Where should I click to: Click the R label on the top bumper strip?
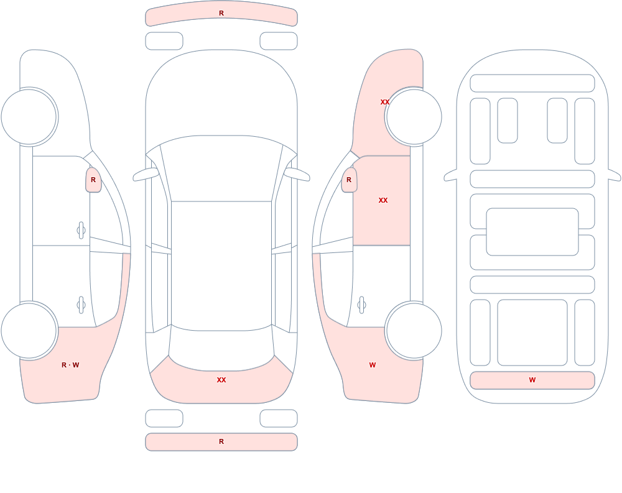pyautogui.click(x=221, y=13)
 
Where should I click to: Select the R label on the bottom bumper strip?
pyautogui.click(x=221, y=441)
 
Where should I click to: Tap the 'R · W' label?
pyautogui.click(x=70, y=365)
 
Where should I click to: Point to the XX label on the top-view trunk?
pyautogui.click(x=221, y=380)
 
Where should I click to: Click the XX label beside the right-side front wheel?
pyautogui.click(x=385, y=102)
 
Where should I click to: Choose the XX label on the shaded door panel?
pyautogui.click(x=383, y=200)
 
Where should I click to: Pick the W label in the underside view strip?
pyautogui.click(x=532, y=380)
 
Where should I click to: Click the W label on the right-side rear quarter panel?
pyautogui.click(x=373, y=365)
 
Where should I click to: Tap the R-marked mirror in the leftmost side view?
pyautogui.click(x=93, y=180)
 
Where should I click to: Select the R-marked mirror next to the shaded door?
pyautogui.click(x=349, y=180)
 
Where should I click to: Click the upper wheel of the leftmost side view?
pyautogui.click(x=29, y=117)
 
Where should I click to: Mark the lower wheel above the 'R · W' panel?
pyautogui.click(x=29, y=331)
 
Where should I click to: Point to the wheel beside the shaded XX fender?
pyautogui.click(x=414, y=117)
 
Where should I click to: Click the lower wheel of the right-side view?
pyautogui.click(x=414, y=331)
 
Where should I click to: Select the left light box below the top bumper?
pyautogui.click(x=164, y=41)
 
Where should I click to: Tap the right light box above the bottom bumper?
pyautogui.click(x=279, y=418)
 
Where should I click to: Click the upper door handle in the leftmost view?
pyautogui.click(x=81, y=231)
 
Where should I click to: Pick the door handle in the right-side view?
pyautogui.click(x=361, y=305)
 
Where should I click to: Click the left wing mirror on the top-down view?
pyautogui.click(x=146, y=175)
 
